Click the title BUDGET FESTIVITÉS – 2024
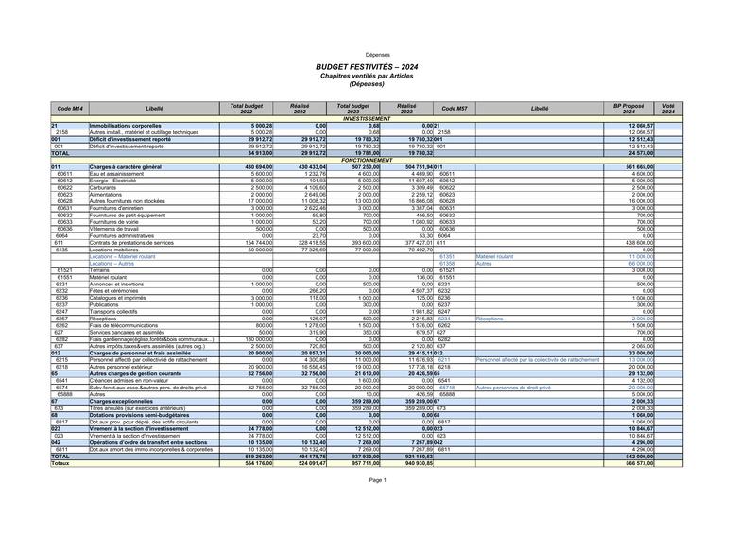pos(377,68)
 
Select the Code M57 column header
pos(455,110)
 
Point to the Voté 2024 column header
pos(668,110)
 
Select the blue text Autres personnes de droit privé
pos(513,387)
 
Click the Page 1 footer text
pos(378,480)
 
